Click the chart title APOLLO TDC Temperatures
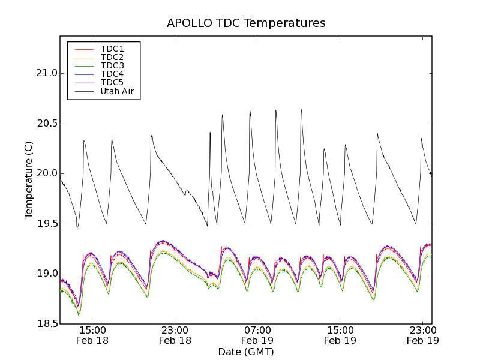(x=246, y=23)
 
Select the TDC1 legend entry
(x=112, y=49)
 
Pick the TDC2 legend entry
(x=112, y=57)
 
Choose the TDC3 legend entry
(x=112, y=65)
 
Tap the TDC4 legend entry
(x=112, y=74)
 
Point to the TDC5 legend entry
(x=112, y=82)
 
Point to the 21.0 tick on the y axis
(x=47, y=73)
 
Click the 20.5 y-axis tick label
(x=47, y=124)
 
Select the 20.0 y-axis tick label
(x=47, y=173)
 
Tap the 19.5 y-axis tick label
(x=47, y=224)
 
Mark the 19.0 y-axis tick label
(x=47, y=274)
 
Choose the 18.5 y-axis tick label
(x=47, y=324)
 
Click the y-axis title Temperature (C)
(x=29, y=180)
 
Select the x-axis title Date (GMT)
(x=246, y=352)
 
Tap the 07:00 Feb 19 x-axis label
(x=258, y=335)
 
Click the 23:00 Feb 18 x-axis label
(x=175, y=335)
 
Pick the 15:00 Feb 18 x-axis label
(x=93, y=335)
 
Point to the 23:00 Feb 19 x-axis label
(x=423, y=335)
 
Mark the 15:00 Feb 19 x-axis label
(x=340, y=335)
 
